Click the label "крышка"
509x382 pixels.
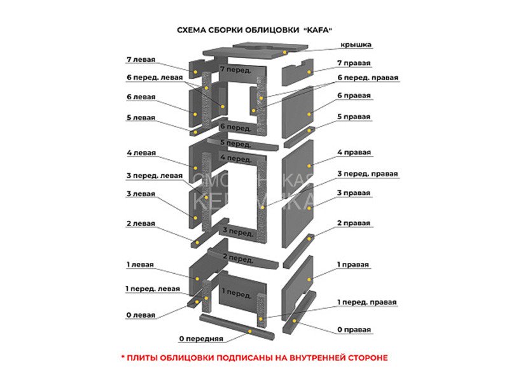pyautogui.click(x=356, y=45)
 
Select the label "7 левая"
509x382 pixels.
pyautogui.click(x=141, y=59)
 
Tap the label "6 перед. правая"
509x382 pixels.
pyautogui.click(x=368, y=78)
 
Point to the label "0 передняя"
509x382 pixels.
pyautogui.click(x=201, y=339)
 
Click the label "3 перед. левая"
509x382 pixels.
pyautogui.click(x=155, y=176)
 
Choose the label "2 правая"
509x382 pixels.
pyautogui.click(x=354, y=223)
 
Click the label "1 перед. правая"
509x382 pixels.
pyautogui.click(x=367, y=302)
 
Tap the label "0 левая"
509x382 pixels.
pyautogui.click(x=141, y=315)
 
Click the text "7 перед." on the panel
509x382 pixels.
pyautogui.click(x=235, y=69)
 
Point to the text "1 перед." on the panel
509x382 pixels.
pyautogui.click(x=237, y=293)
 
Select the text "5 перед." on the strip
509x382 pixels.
pyautogui.click(x=236, y=143)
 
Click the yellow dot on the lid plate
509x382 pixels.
pyautogui.click(x=284, y=52)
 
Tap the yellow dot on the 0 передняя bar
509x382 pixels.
pyautogui.click(x=250, y=331)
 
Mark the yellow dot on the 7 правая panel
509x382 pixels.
pyautogui.click(x=309, y=72)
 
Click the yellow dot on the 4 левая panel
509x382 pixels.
pyautogui.click(x=195, y=168)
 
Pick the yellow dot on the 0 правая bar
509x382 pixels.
pyautogui.click(x=294, y=321)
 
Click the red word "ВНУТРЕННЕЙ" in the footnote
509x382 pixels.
pyautogui.click(x=316, y=358)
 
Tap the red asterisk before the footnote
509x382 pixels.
pyautogui.click(x=123, y=357)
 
